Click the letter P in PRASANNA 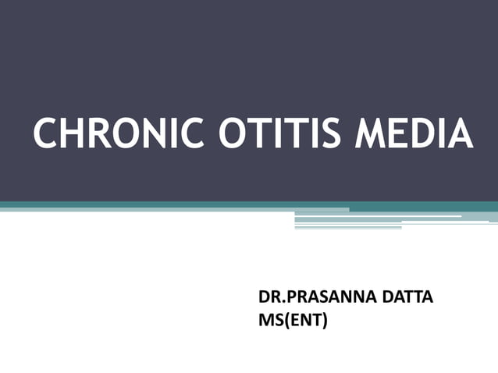[288, 299]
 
